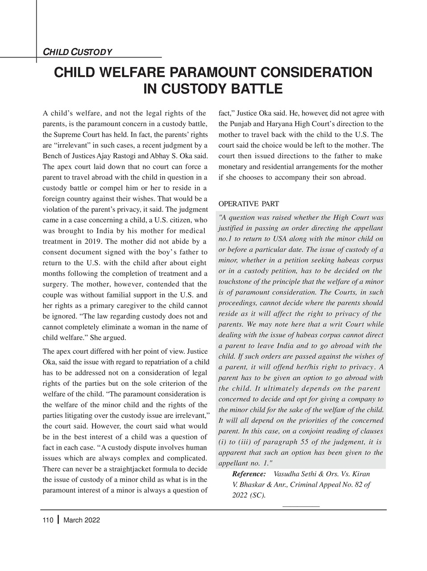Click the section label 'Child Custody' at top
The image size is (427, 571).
77,52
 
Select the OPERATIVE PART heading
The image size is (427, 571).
249,204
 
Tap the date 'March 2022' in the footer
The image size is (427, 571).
82,520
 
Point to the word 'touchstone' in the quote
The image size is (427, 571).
235,281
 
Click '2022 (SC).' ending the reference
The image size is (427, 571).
249,495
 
